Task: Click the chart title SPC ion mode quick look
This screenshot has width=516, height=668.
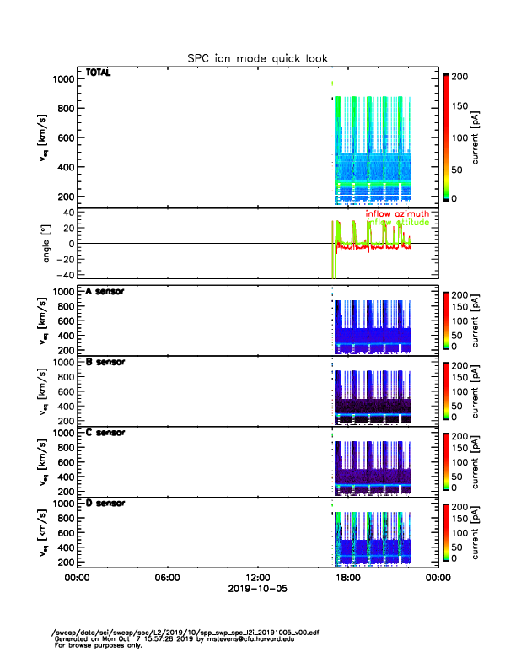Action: [257, 58]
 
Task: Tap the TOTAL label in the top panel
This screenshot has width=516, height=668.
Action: [99, 73]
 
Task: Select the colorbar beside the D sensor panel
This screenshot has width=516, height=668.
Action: [446, 533]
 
